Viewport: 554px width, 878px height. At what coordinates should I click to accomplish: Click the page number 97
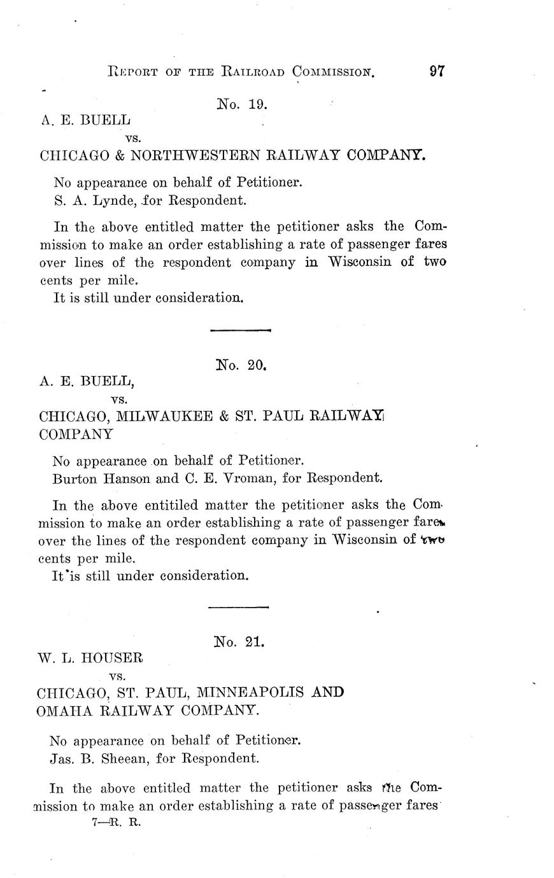pos(436,71)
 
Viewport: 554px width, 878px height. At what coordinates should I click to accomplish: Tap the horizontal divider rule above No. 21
pos(239,607)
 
